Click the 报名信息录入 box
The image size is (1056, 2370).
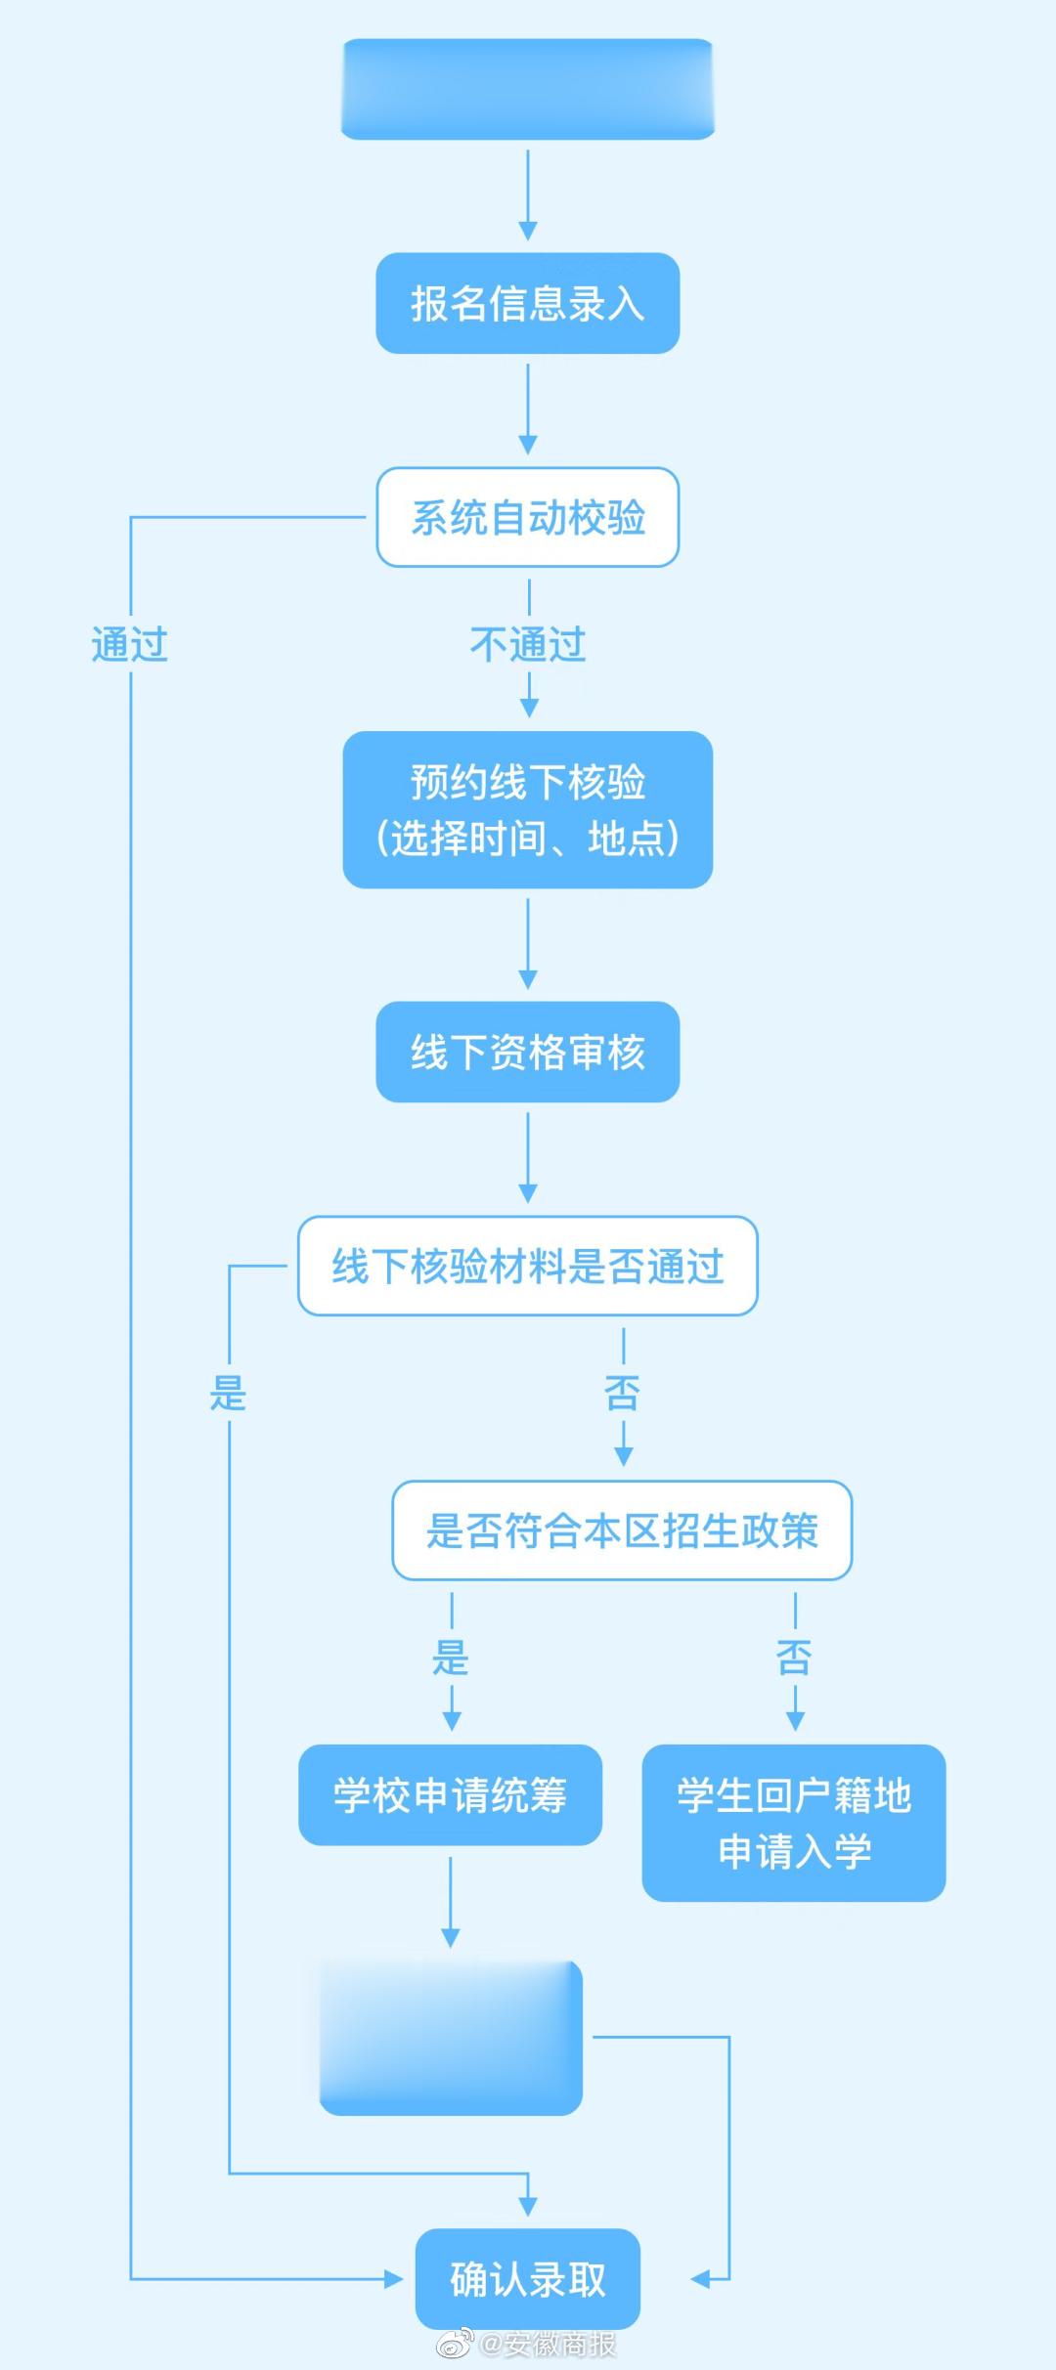527,303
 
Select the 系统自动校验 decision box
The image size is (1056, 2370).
527,517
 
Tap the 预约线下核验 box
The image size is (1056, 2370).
527,809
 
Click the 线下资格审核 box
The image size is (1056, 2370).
527,1052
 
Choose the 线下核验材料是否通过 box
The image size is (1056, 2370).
527,1266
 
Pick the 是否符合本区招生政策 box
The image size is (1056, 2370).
622,1530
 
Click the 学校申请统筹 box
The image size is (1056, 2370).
450,1794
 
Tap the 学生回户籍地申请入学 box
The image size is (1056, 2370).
793,1822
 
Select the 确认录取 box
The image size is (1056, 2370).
527,2279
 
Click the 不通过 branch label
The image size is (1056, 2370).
528,645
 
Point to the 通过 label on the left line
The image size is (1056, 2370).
129,645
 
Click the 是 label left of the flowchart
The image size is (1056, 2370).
228,1393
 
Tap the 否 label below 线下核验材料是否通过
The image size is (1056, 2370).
623,1393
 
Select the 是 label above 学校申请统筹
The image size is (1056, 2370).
451,1658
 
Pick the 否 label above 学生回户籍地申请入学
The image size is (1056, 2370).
794,1658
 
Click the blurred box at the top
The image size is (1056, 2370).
527,89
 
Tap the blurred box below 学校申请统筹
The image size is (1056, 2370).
451,2038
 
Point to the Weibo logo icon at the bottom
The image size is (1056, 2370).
455,2344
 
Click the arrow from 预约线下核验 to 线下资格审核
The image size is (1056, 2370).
528,944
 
